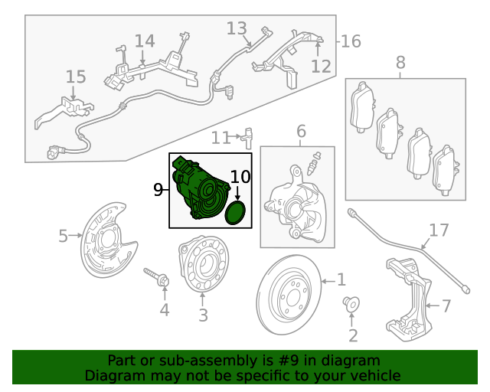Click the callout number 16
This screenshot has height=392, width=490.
pos(350,41)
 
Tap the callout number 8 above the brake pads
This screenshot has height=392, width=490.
pos(400,63)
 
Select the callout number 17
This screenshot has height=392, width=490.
pos(438,230)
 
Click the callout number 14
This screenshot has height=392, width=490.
pos(145,41)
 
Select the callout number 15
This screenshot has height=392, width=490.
pos(76,77)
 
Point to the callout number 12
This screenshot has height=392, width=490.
pos(321,66)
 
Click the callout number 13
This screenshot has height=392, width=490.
pos(237,28)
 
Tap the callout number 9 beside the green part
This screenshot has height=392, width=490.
pos(158,190)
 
